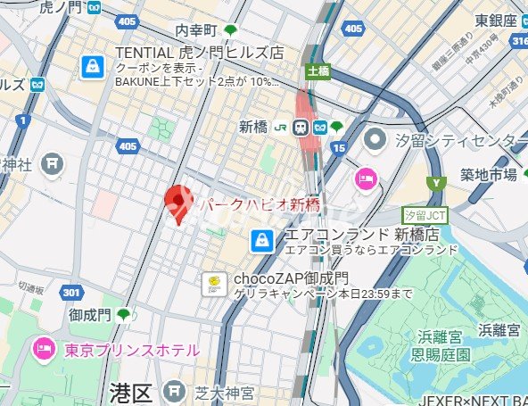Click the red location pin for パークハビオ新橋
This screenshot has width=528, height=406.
point(180,202)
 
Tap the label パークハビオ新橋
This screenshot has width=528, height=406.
point(259,205)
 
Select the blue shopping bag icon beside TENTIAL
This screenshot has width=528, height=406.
point(93,66)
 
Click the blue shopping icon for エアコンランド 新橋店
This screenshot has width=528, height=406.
point(262,239)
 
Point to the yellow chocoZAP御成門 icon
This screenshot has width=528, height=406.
point(214,284)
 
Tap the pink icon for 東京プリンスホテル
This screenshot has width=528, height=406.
point(43,350)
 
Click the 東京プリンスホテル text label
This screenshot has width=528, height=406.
point(131,351)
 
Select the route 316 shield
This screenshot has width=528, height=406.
point(518,42)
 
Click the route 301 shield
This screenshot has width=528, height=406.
point(71,292)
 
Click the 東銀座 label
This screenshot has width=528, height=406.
point(496,20)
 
